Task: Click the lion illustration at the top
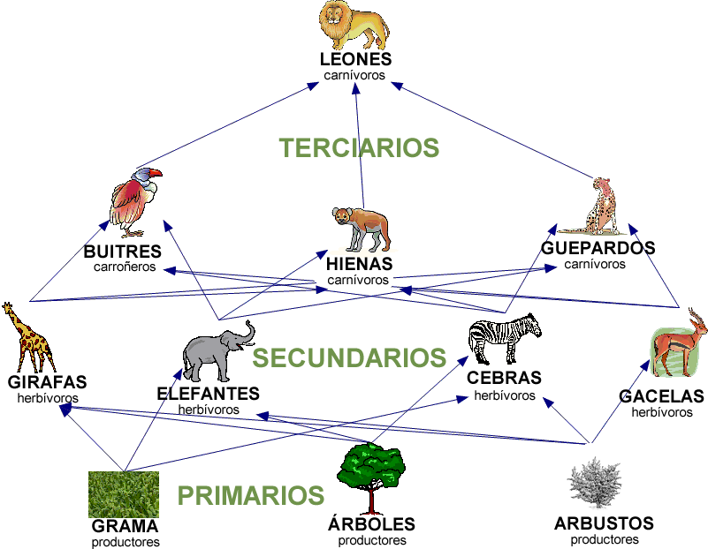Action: [354, 26]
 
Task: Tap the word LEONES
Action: [356, 60]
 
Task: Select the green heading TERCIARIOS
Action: [359, 147]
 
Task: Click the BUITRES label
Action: [122, 252]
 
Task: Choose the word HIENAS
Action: [359, 265]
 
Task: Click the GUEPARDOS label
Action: [598, 248]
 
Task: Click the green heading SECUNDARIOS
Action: [349, 357]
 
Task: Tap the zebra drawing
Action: [504, 339]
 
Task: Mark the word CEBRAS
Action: [504, 379]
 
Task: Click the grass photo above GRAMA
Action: [124, 493]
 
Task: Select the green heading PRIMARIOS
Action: [251, 495]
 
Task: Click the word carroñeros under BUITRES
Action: [124, 266]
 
